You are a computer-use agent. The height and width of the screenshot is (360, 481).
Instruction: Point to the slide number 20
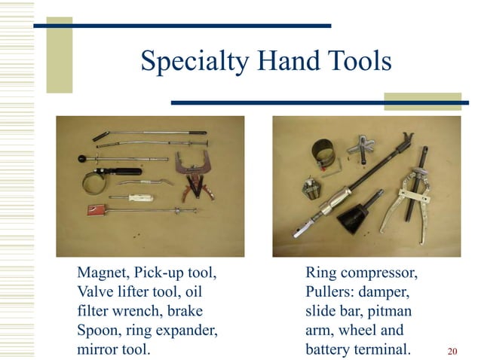(x=452, y=351)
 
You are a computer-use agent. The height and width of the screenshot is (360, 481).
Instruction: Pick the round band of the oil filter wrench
(x=96, y=182)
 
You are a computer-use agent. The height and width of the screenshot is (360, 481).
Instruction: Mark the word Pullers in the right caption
(x=329, y=291)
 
